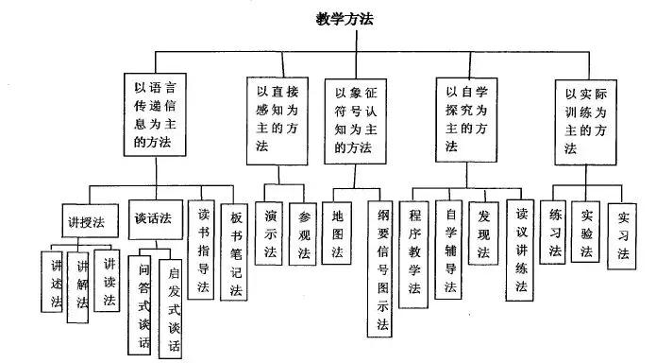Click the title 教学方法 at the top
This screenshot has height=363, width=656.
point(345,18)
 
